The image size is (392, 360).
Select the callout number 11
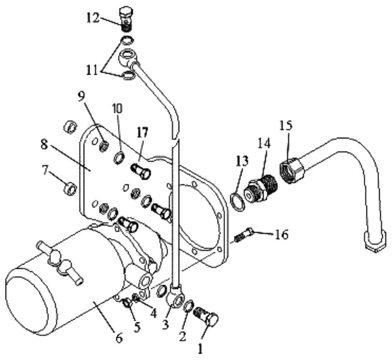tap(96, 70)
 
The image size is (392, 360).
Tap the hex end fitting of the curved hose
tap(373, 242)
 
